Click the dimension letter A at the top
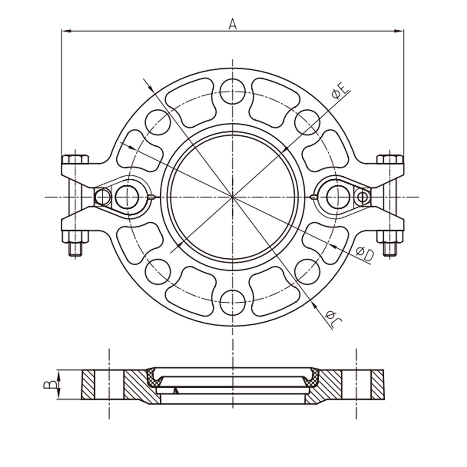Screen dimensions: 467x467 pos(232,23)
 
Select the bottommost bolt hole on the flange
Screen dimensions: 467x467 pos(233,302)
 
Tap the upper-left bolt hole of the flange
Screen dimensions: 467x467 pos(158,122)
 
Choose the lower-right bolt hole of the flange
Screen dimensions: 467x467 pos(307,271)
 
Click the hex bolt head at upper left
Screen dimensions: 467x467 pos(75,159)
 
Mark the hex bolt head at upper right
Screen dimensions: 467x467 pos(390,159)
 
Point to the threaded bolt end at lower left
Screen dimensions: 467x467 pos(75,248)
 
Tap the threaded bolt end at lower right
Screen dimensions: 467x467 pos(390,248)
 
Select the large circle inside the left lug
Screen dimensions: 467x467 pos(127,197)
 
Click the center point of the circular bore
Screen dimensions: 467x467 pos(233,197)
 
